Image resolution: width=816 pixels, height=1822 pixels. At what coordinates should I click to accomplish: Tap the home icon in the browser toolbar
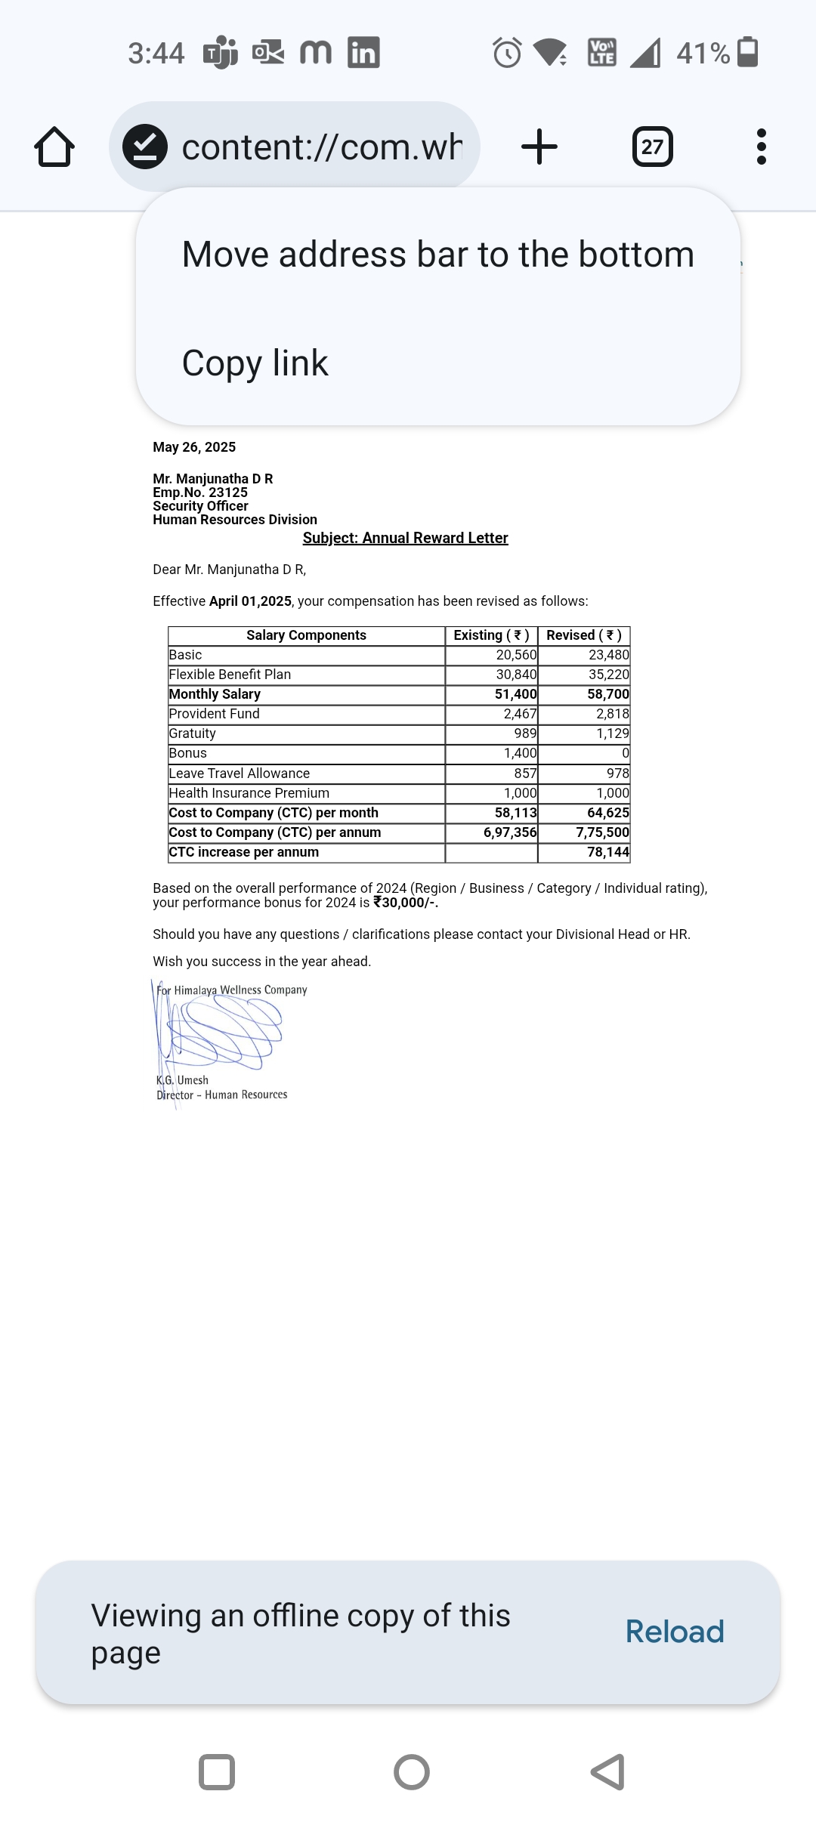click(54, 147)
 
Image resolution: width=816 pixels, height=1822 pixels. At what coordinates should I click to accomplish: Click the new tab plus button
click(539, 147)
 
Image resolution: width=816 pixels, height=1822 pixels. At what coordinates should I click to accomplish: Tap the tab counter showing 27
click(652, 147)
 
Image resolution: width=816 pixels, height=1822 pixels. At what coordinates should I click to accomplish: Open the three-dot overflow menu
click(761, 147)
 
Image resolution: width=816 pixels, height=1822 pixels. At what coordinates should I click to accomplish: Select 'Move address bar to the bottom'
click(437, 255)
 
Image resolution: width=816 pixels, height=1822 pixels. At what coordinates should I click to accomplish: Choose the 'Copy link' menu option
click(255, 363)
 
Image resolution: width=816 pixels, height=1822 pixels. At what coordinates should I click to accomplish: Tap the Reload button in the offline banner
click(674, 1632)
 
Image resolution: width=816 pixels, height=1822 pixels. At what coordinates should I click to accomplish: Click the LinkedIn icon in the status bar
click(363, 53)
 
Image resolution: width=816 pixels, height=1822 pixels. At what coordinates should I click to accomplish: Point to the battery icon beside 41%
click(747, 52)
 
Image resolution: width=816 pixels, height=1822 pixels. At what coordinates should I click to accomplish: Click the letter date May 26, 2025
click(194, 447)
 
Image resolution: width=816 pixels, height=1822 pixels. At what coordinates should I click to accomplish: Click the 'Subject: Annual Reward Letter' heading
click(405, 538)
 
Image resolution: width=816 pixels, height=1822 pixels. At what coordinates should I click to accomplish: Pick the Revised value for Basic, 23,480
click(608, 655)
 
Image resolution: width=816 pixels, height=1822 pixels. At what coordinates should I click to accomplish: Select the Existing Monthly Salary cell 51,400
click(515, 694)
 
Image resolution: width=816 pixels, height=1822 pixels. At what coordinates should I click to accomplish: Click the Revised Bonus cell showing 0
click(625, 753)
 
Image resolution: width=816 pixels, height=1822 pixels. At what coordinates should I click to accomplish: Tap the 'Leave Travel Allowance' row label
click(239, 774)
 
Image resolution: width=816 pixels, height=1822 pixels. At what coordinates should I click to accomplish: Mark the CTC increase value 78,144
click(607, 852)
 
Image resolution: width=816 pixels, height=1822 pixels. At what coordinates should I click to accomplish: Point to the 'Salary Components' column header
click(306, 635)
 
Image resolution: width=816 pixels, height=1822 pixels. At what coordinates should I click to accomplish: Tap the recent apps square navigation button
click(217, 1772)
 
